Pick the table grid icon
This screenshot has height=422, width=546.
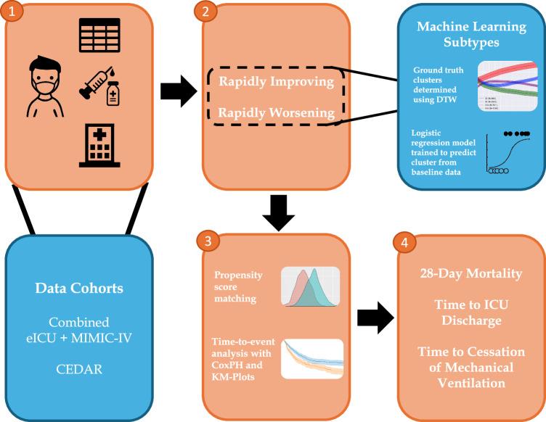click(99, 35)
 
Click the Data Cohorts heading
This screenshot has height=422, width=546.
click(80, 288)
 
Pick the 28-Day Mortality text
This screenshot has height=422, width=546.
click(472, 273)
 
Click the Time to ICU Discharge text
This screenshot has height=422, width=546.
click(472, 312)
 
